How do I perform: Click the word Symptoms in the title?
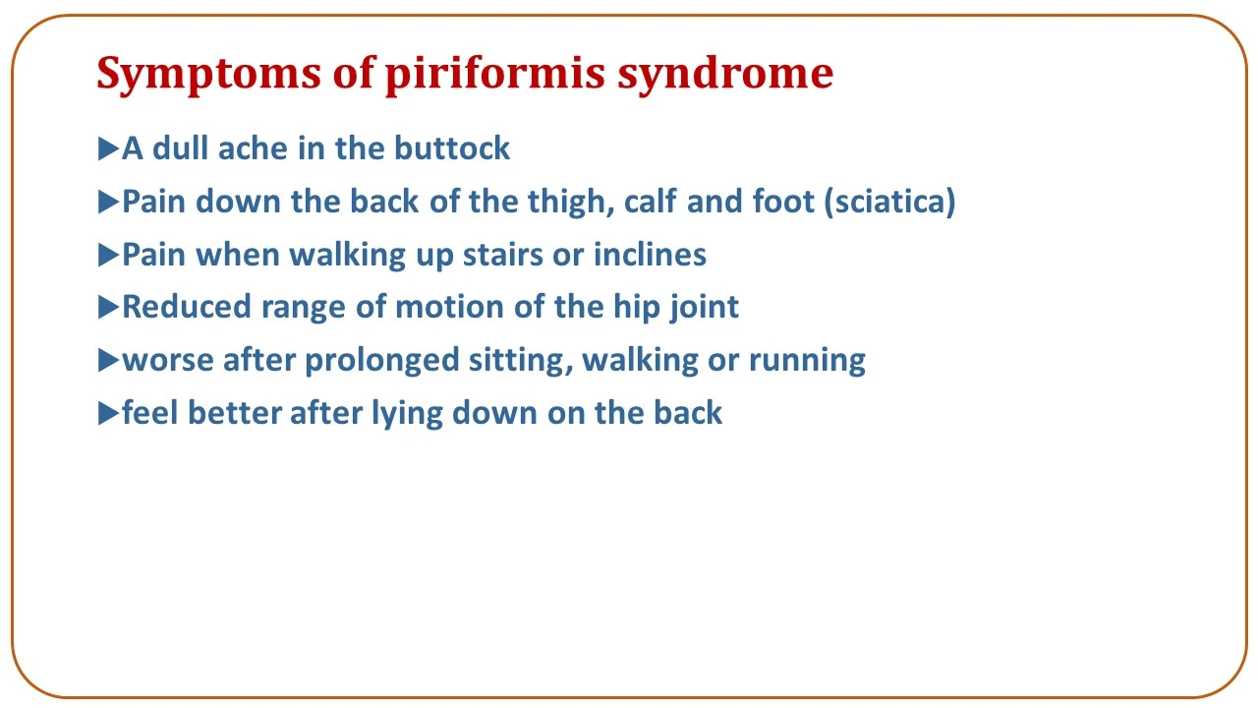[208, 74]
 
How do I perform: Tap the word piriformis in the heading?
[494, 74]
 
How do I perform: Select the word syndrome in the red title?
[725, 74]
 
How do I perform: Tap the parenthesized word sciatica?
[890, 202]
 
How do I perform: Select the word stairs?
[502, 255]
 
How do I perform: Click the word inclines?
[650, 255]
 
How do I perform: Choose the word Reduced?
[187, 307]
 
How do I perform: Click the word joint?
[704, 308]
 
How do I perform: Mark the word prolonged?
[382, 361]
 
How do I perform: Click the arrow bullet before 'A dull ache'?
[108, 148]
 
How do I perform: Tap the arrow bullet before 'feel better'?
[108, 414]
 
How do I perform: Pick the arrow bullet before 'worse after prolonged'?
[108, 360]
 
